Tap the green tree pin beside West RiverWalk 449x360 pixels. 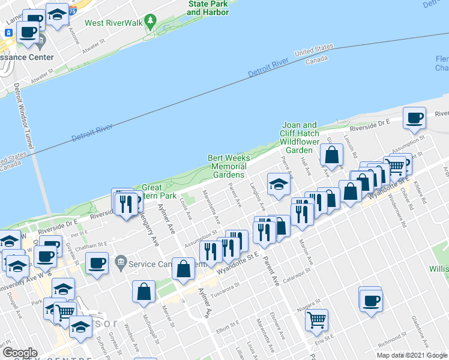point(151,23)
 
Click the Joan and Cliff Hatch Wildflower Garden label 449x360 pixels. point(299,137)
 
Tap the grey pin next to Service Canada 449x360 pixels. point(121,262)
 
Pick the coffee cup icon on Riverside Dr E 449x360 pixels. point(414,118)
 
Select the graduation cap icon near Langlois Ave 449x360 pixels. point(279,185)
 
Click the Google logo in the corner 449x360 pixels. point(20,353)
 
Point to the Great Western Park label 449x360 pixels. point(158,191)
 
